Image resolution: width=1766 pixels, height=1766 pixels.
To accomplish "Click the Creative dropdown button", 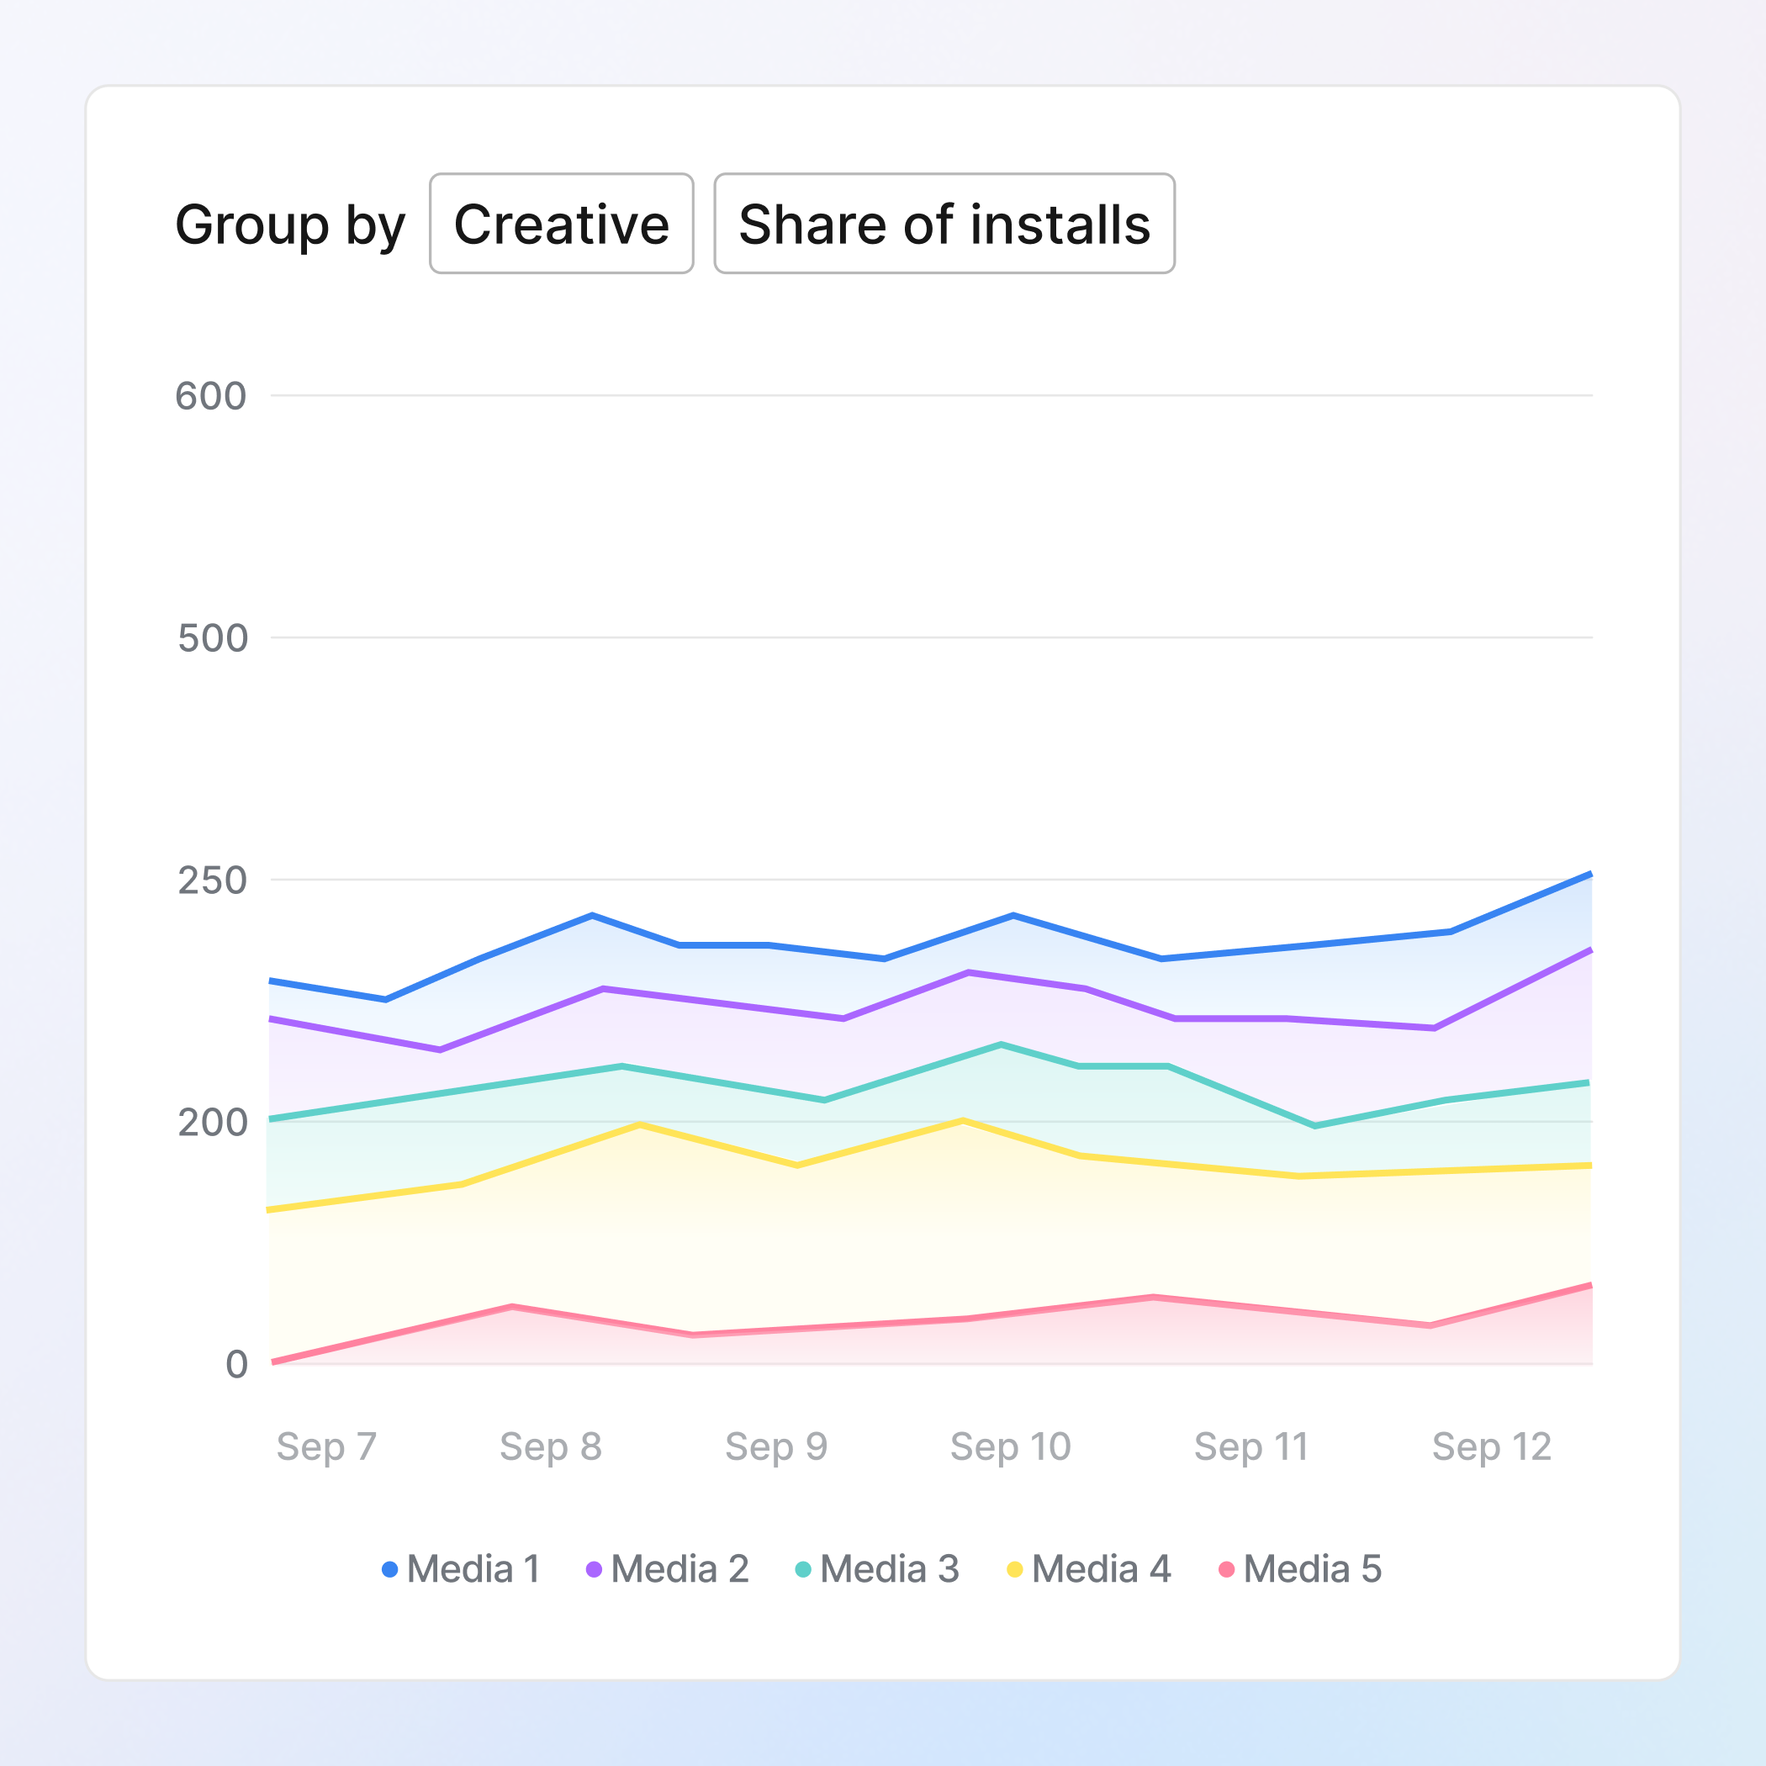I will coord(561,224).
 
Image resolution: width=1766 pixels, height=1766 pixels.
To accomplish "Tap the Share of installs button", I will coord(944,224).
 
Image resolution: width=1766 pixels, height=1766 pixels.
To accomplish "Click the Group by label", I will coord(290,225).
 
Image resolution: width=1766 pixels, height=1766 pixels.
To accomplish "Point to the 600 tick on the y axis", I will coord(211,397).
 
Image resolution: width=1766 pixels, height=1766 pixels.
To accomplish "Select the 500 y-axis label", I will coord(212,638).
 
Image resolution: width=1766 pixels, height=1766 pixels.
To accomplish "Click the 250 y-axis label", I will coord(212,880).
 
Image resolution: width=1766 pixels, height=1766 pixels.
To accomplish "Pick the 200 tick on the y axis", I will coord(212,1123).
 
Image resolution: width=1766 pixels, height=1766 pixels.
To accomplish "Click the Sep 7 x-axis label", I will coord(326,1446).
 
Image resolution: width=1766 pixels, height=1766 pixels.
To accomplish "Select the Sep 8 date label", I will coord(550,1446).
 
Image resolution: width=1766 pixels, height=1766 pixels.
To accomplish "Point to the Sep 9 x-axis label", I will coord(776,1446).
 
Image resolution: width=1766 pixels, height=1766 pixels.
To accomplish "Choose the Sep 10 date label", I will coord(1010,1446).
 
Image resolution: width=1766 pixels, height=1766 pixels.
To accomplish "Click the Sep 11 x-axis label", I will coord(1250,1446).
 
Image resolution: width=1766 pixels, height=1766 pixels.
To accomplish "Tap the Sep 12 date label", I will coord(1492,1446).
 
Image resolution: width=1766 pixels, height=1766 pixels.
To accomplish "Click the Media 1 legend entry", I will coord(462,1569).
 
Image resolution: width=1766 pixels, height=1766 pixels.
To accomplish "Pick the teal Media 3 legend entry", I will coord(877,1569).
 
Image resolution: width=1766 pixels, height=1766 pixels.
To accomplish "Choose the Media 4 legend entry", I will coord(1089,1569).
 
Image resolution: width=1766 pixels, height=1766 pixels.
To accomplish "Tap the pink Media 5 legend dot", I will coord(1227,1569).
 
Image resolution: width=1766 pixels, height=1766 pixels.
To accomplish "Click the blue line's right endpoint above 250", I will coord(1590,875).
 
